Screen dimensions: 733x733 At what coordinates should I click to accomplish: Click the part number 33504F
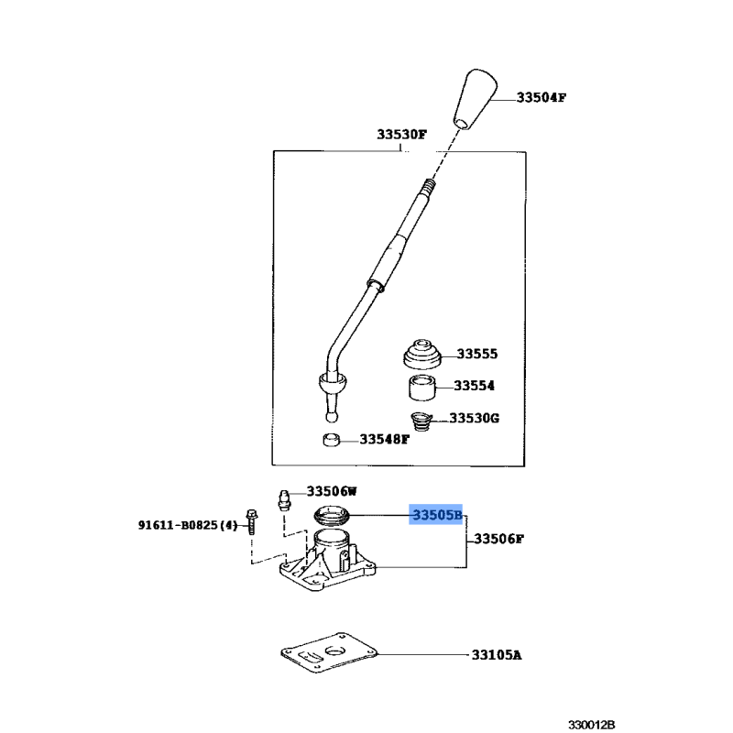[x=541, y=98]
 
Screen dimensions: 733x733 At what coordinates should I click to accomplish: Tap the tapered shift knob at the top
[x=475, y=99]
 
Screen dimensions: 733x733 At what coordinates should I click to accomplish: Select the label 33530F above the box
[x=401, y=134]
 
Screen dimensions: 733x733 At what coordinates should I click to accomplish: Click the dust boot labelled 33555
[x=422, y=355]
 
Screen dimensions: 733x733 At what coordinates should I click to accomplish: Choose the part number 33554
[x=474, y=386]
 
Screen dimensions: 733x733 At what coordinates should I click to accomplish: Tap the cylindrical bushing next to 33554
[x=422, y=387]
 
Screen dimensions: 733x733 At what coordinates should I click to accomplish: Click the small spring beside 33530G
[x=421, y=421]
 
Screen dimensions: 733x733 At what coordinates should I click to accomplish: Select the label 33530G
[x=474, y=418]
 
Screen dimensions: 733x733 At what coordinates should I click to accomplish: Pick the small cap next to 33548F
[x=332, y=440]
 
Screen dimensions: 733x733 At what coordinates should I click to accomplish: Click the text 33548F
[x=384, y=440]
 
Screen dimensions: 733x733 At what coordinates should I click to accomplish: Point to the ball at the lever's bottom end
[x=331, y=416]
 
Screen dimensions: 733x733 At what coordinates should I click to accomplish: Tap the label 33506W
[x=332, y=491]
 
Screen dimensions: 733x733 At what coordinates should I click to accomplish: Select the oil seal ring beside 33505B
[x=332, y=515]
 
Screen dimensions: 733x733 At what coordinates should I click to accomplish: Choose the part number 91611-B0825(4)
[x=188, y=525]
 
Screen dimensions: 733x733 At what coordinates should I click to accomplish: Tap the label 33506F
[x=498, y=539]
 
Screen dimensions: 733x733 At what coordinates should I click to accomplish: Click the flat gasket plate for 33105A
[x=328, y=653]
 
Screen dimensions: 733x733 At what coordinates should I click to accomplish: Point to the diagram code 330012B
[x=591, y=725]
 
